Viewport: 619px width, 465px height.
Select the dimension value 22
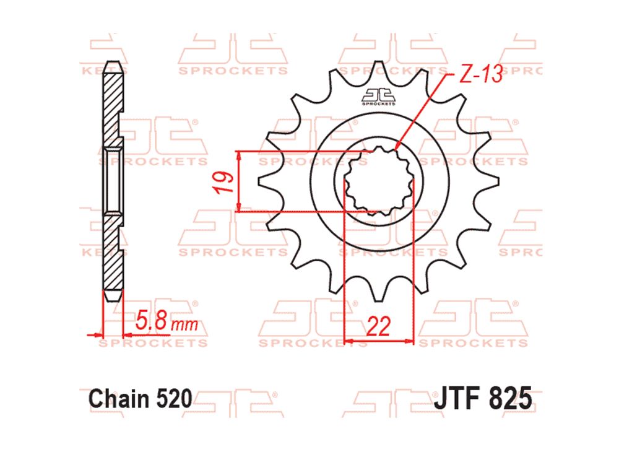[x=378, y=326]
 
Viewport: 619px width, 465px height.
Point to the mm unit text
[x=184, y=324]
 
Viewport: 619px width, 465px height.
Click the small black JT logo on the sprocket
[x=379, y=97]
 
